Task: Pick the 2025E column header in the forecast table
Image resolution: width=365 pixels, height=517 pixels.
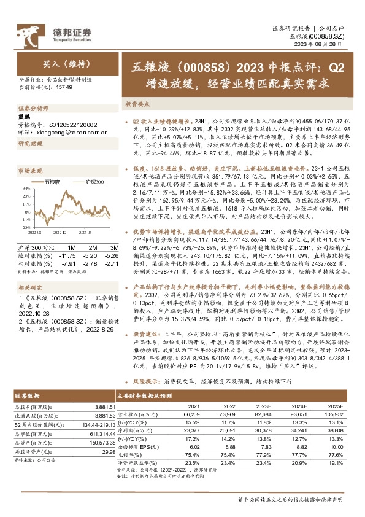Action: [x=335, y=406]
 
